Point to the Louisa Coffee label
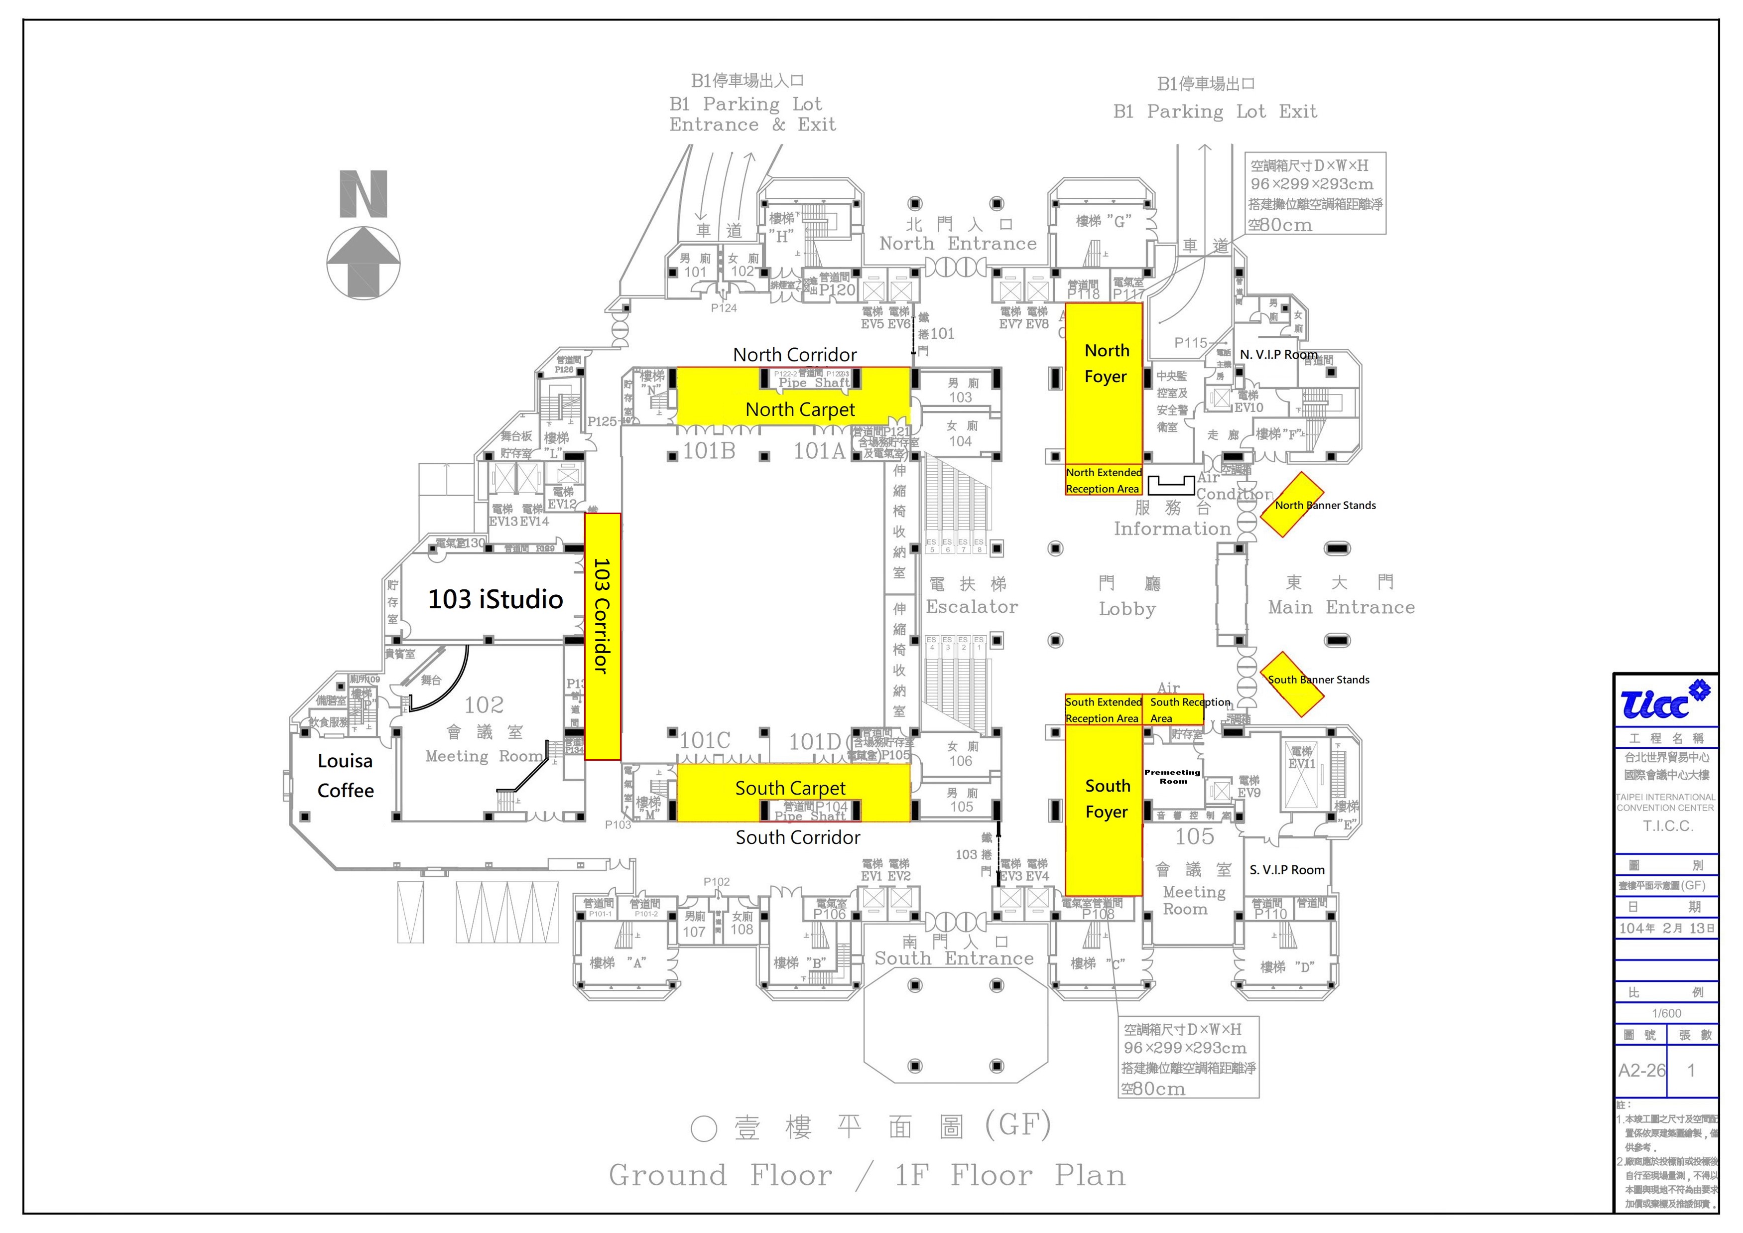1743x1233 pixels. [346, 775]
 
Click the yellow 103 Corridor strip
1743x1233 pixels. [602, 636]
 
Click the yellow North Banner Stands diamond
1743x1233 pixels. [1292, 505]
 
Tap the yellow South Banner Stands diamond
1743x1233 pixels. [1292, 684]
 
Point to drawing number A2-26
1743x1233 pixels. [1641, 1071]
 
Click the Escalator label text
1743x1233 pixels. [971, 607]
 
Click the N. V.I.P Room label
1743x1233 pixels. [1278, 355]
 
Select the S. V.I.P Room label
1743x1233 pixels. [1287, 870]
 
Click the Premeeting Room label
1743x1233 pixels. [1172, 776]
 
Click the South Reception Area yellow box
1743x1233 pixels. [1173, 710]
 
